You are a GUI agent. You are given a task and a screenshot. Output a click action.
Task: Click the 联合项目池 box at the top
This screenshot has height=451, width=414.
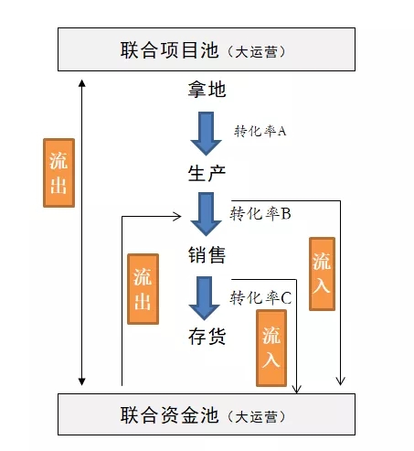(207, 49)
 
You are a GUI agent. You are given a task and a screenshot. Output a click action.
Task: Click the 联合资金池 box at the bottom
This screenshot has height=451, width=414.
(207, 414)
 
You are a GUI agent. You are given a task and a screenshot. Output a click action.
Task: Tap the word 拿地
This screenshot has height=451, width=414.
(207, 90)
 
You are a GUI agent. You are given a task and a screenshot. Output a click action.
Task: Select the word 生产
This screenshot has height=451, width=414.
(207, 173)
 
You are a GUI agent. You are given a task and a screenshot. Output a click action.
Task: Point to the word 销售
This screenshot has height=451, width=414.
(207, 255)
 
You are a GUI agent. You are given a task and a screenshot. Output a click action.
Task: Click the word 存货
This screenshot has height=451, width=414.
(207, 337)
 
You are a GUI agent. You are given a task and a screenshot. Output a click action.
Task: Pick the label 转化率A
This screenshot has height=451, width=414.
(260, 132)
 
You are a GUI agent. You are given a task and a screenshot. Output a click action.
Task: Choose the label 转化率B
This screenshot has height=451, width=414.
(260, 213)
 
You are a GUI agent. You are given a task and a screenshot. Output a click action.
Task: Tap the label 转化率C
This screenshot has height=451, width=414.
(260, 297)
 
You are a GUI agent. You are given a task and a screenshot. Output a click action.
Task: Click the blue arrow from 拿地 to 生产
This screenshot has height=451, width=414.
(206, 134)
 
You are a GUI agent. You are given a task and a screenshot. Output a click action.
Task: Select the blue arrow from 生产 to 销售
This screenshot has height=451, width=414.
(206, 214)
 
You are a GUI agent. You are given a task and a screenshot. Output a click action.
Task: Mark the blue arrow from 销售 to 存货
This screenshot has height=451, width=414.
(204, 298)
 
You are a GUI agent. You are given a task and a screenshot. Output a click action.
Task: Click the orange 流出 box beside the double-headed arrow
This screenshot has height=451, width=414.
(58, 173)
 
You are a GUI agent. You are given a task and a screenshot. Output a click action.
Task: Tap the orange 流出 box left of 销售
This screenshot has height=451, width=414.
(143, 289)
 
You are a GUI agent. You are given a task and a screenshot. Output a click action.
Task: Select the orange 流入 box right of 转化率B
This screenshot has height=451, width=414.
(322, 274)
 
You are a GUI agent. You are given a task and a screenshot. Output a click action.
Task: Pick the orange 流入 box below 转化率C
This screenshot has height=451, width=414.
(271, 348)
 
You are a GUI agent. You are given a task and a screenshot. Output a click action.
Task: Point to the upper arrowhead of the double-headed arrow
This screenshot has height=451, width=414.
(81, 83)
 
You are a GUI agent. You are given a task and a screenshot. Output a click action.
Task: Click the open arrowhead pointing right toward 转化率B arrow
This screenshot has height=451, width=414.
(177, 217)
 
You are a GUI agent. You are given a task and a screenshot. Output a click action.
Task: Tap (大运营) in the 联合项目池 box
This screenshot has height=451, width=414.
(256, 52)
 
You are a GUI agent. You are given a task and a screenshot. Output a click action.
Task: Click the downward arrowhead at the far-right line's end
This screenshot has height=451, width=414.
(340, 381)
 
